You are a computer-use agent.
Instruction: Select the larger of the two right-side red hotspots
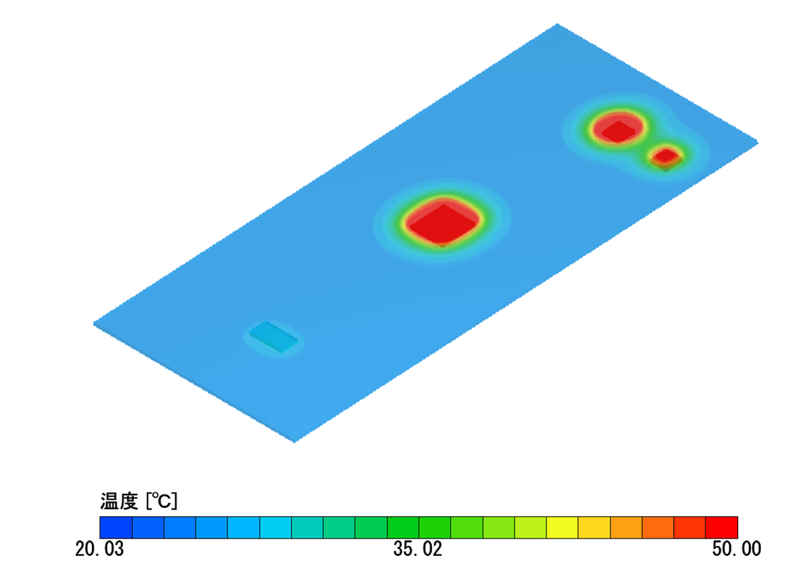(x=618, y=128)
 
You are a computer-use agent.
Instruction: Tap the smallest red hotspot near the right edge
(x=666, y=156)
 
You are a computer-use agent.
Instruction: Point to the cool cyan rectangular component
(x=274, y=336)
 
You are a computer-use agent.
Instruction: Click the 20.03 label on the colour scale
(x=99, y=549)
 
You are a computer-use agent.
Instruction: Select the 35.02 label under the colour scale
(x=417, y=549)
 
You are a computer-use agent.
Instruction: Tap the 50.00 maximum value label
(x=736, y=549)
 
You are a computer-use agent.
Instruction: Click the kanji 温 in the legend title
(x=109, y=501)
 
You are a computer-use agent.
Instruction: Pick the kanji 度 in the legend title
(x=128, y=501)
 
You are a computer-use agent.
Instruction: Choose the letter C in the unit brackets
(x=165, y=501)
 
